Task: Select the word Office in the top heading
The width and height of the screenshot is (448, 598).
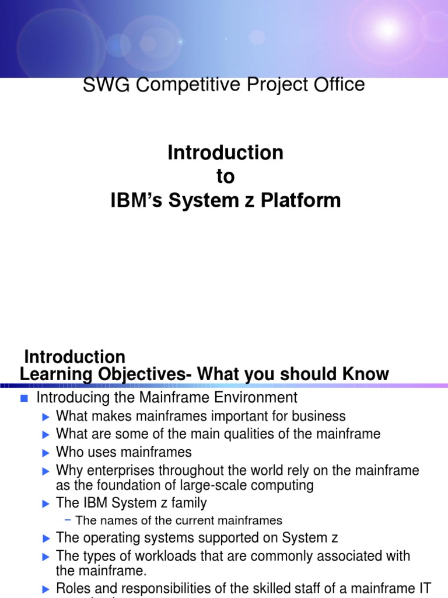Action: click(x=337, y=85)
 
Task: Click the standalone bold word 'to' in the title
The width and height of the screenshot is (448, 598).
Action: click(x=225, y=177)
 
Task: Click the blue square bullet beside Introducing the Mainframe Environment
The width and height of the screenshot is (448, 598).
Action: click(x=24, y=399)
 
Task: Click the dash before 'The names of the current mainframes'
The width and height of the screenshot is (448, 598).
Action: click(x=68, y=520)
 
